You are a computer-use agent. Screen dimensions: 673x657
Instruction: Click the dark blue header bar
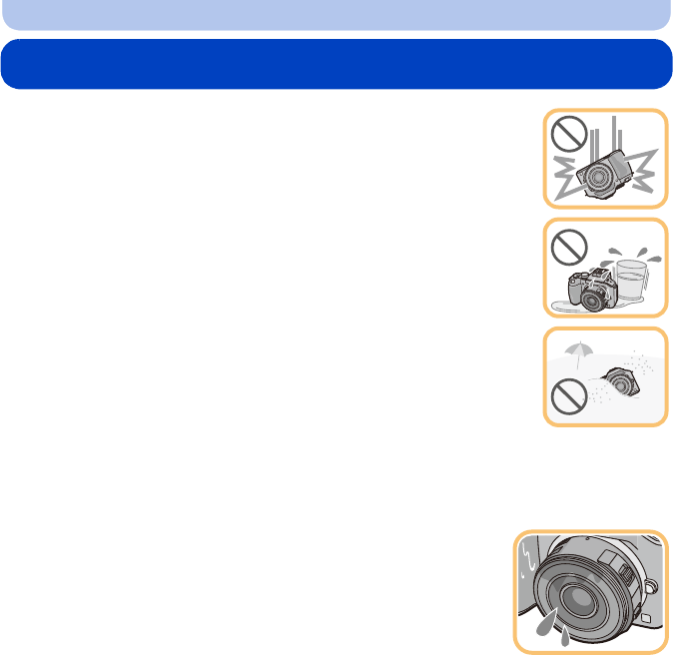pyautogui.click(x=336, y=64)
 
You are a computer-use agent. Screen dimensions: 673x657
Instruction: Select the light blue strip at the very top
pyautogui.click(x=336, y=14)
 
